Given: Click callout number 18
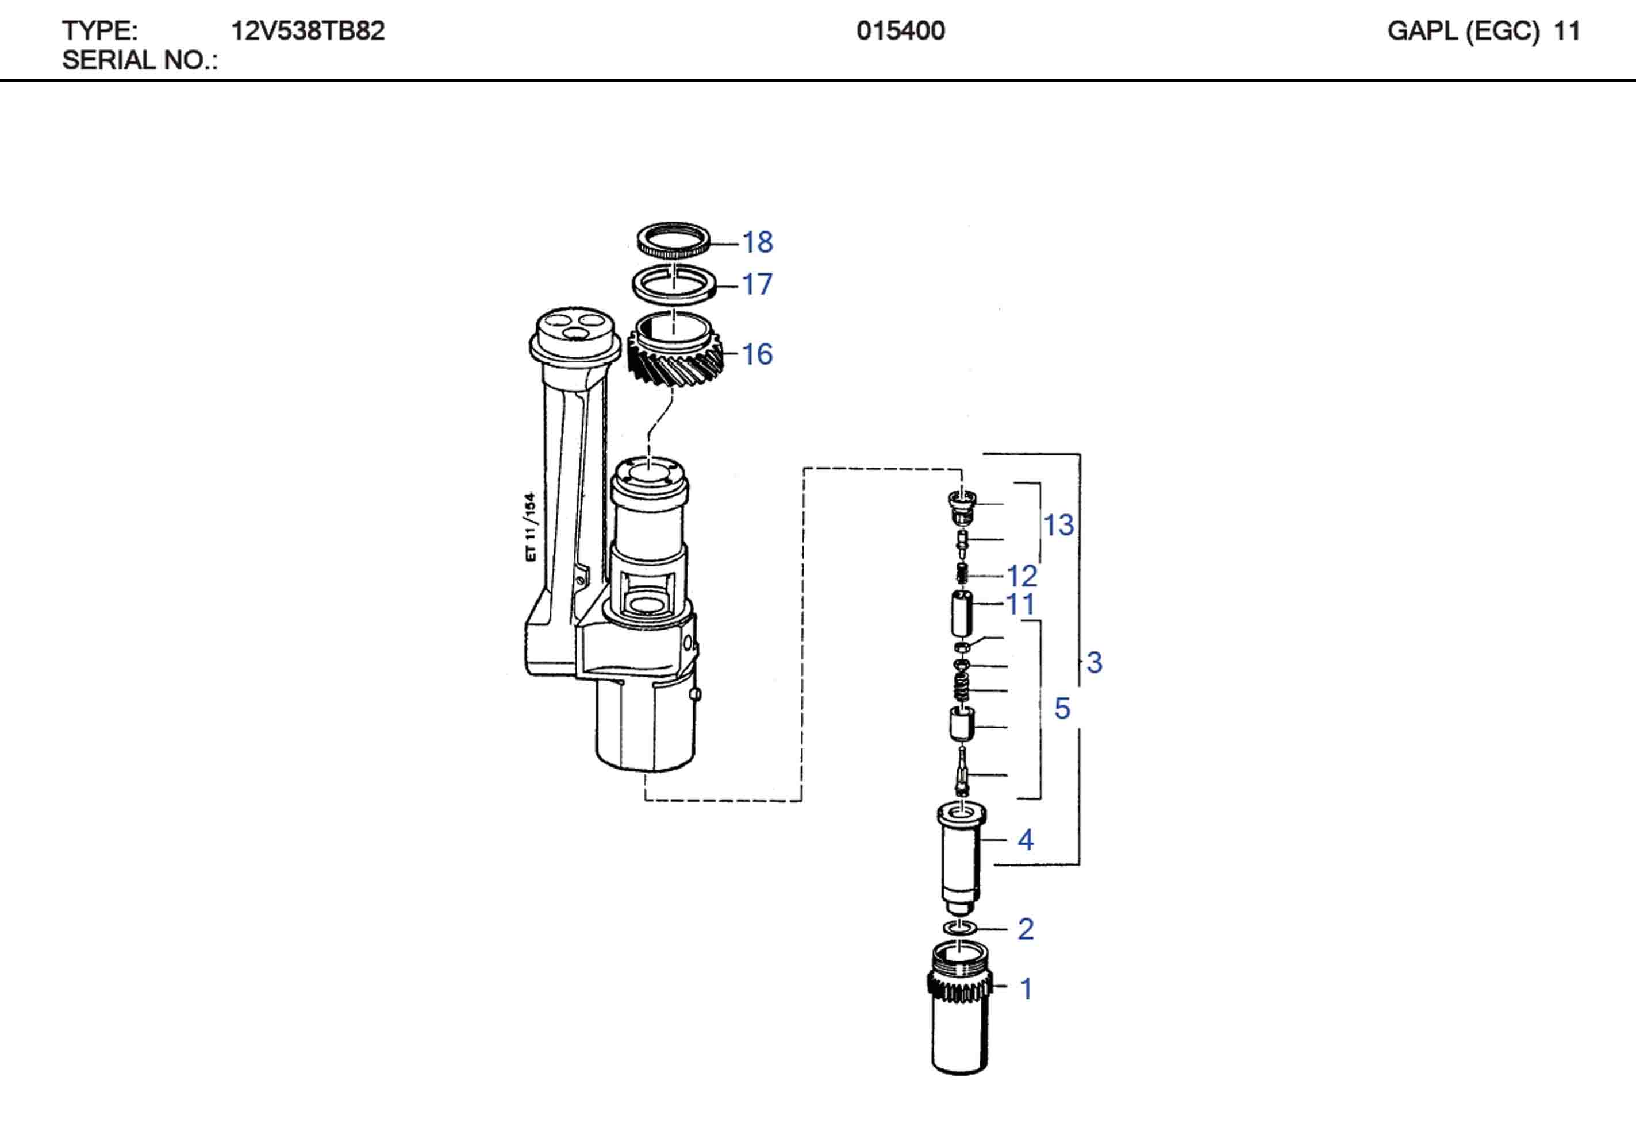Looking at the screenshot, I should (x=758, y=242).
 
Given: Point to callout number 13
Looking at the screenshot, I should (x=1058, y=526).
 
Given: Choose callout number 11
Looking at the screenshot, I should (x=1020, y=605).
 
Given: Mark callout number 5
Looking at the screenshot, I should (x=1062, y=709).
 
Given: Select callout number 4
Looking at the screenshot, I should (x=1026, y=840).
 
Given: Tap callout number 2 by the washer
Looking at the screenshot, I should (x=1026, y=929).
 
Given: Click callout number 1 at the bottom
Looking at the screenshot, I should (x=1026, y=988).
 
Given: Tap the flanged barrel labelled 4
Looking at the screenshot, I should (x=961, y=855).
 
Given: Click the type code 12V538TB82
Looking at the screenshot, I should (x=308, y=30).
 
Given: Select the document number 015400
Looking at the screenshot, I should (x=901, y=30).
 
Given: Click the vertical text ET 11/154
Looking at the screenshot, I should (x=530, y=527).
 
